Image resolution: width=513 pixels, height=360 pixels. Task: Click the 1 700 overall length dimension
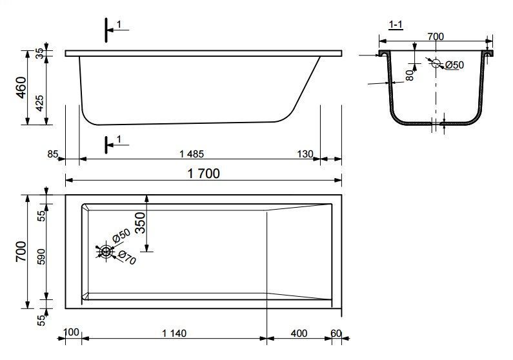(203, 174)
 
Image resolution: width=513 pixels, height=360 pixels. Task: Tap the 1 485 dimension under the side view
(192, 154)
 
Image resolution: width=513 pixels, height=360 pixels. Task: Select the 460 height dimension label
(21, 87)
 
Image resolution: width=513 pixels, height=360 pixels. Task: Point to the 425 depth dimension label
(39, 103)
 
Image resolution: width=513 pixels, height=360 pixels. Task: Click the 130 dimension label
(305, 154)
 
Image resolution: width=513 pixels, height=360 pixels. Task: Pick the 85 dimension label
(53, 154)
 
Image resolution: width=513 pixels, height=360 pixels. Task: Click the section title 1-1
(396, 25)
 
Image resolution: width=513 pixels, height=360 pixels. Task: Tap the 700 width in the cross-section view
(436, 36)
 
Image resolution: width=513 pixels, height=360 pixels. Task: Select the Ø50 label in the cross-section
(454, 65)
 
